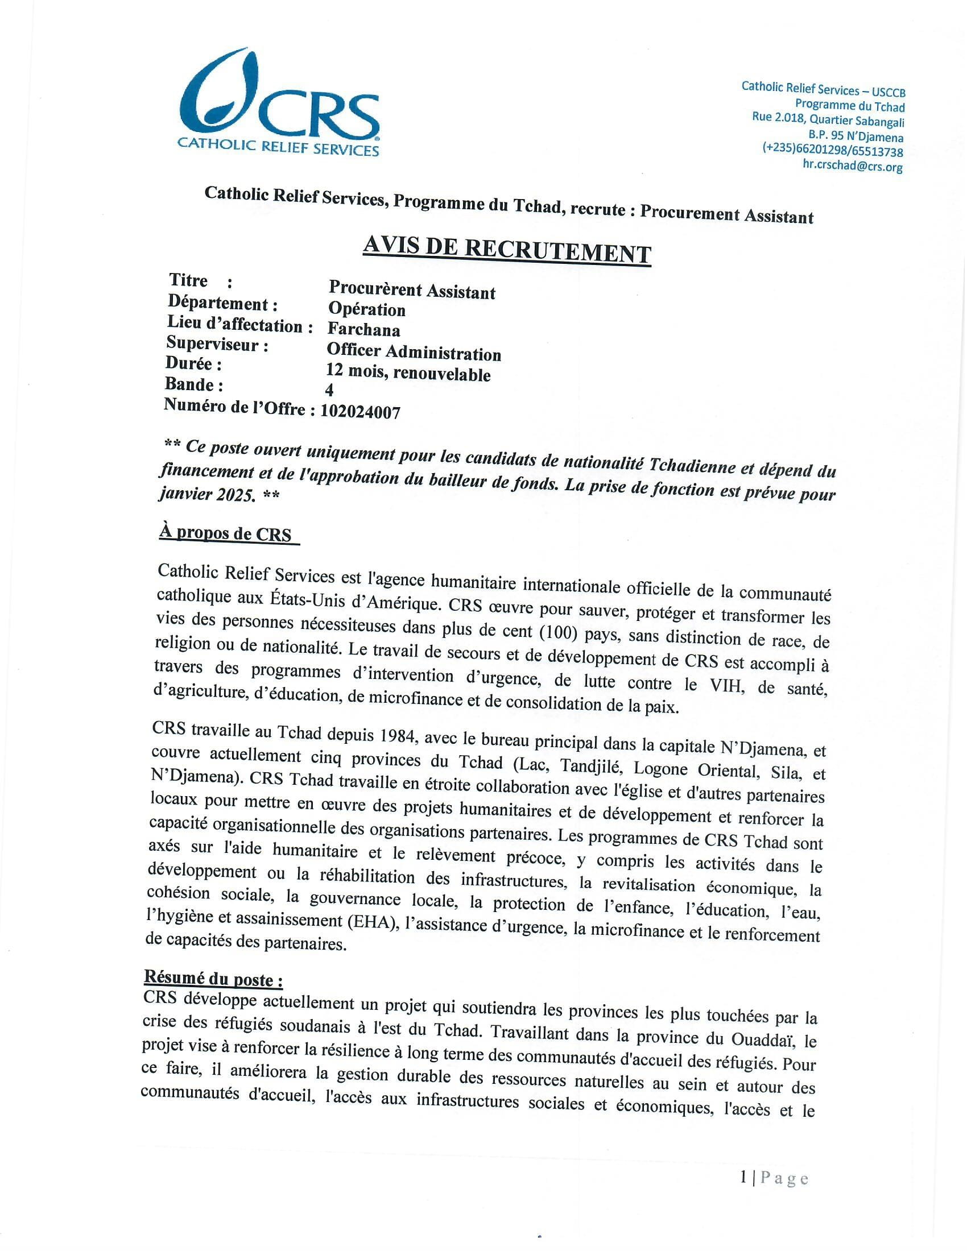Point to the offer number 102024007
(360, 411)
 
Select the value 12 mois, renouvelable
(408, 372)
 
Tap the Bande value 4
(329, 390)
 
